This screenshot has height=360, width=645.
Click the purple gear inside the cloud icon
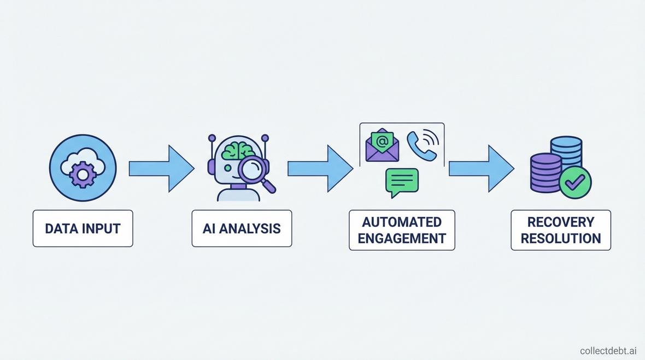pyautogui.click(x=83, y=175)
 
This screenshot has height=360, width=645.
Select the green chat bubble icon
pyautogui.click(x=402, y=181)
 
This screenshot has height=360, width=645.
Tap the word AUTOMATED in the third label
pyautogui.click(x=402, y=222)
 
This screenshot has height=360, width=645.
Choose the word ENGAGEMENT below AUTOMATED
pyautogui.click(x=402, y=239)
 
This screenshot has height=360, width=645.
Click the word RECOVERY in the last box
pyautogui.click(x=561, y=222)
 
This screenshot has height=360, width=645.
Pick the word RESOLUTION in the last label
pyautogui.click(x=561, y=239)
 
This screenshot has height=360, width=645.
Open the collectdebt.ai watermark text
pyautogui.click(x=608, y=350)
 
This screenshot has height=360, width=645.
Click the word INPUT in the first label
pyautogui.click(x=101, y=228)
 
